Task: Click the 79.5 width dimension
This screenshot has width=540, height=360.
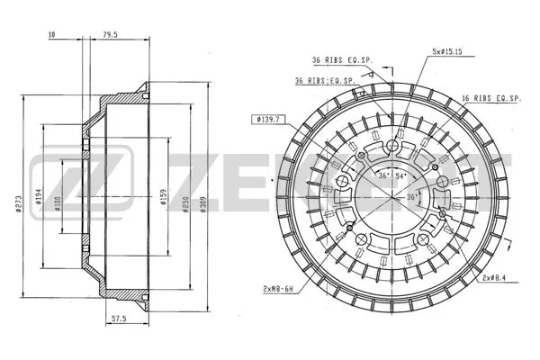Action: click(112, 34)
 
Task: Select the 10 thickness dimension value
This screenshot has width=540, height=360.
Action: click(52, 34)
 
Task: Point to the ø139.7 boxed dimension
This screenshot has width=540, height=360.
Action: click(270, 118)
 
